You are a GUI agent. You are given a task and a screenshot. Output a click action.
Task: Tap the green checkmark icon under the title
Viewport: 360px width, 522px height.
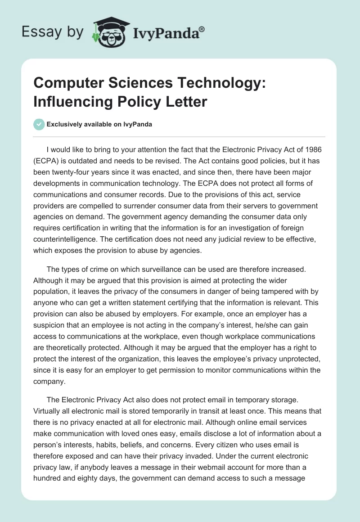(x=39, y=125)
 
